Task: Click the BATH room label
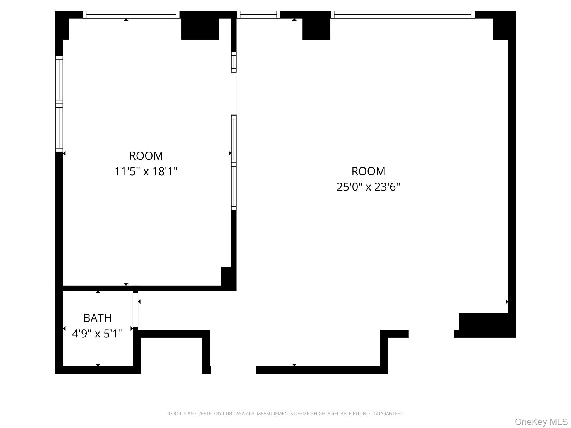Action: point(97,318)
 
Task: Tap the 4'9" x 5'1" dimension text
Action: point(97,334)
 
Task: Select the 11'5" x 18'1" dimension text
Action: point(146,171)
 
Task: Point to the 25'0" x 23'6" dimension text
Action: point(368,187)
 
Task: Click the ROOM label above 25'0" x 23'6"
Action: point(368,171)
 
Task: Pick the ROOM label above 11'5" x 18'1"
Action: point(146,156)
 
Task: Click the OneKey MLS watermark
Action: point(541,422)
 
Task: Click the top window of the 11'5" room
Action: point(131,14)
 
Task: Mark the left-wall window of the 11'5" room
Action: point(59,104)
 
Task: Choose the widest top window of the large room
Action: point(402,14)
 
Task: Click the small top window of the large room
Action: point(258,14)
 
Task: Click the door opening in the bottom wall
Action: point(233,370)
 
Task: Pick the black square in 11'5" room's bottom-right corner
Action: point(226,276)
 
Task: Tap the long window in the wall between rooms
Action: point(234,162)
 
